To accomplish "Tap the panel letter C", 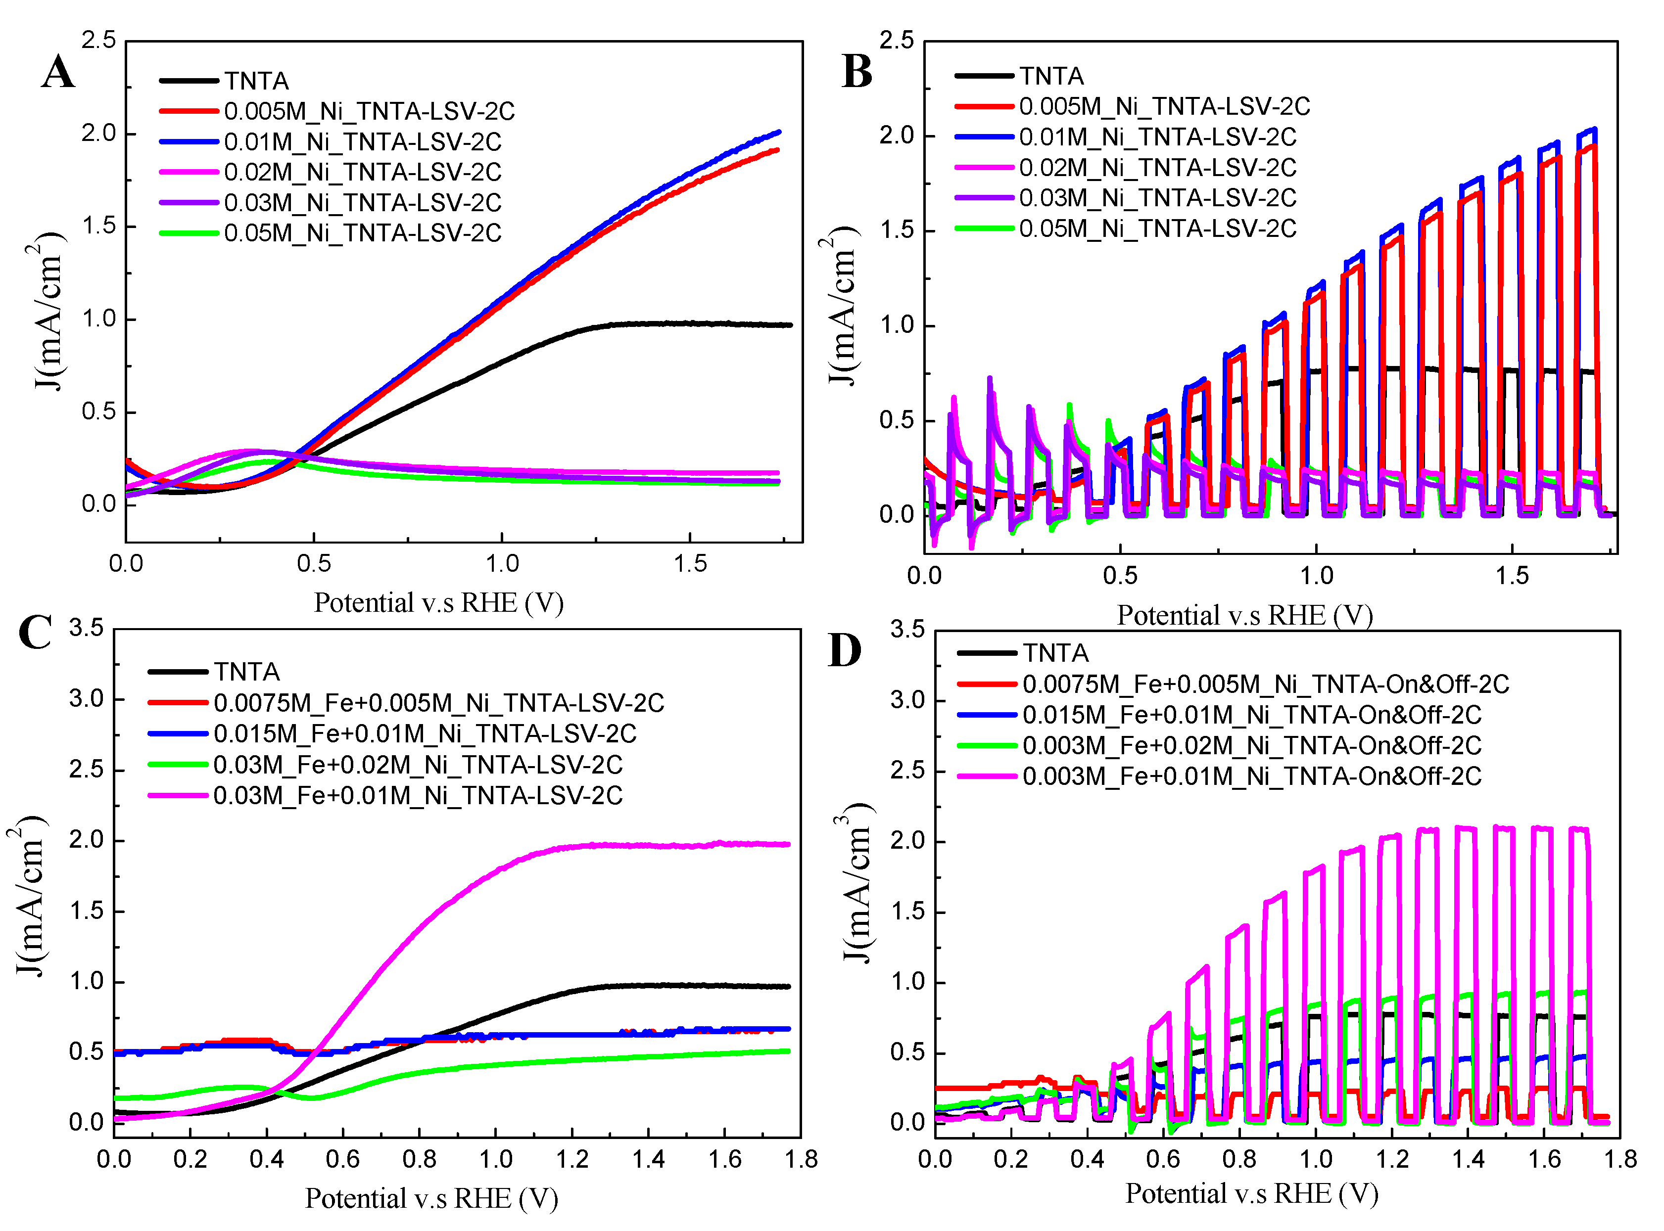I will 35,632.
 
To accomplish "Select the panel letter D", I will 845,650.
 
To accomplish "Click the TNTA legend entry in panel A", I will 256,81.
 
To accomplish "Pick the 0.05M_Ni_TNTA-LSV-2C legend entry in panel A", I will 362,233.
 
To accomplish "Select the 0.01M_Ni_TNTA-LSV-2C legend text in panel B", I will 1157,137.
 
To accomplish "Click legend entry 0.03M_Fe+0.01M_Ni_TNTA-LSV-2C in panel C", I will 418,796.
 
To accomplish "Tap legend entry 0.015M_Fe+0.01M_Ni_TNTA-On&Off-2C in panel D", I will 1251,715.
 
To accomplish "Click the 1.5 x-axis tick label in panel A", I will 690,563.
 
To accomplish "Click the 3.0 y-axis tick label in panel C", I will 87,699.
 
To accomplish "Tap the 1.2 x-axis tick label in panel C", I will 572,1159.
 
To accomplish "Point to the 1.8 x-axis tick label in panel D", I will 1619,1159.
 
